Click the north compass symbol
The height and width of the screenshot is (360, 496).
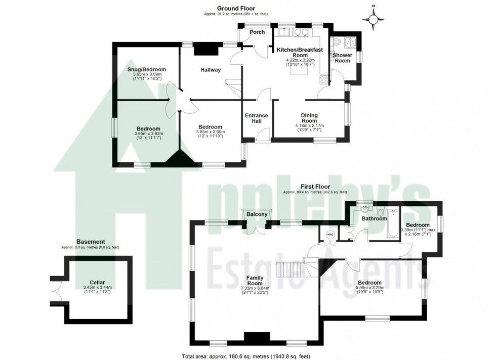pos(374,19)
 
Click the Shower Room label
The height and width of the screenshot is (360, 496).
pos(342,58)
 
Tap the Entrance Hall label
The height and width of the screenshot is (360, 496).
pos(257,118)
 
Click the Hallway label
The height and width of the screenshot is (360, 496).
pos(211,70)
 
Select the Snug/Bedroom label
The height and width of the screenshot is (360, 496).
pos(146,69)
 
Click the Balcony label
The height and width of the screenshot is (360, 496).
pos(257,214)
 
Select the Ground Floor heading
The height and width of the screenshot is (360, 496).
pos(236,8)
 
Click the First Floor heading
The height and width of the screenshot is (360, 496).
pos(315,187)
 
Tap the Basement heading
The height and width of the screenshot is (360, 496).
pos(90,242)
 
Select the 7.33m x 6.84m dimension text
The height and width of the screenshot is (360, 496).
pos(257,288)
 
